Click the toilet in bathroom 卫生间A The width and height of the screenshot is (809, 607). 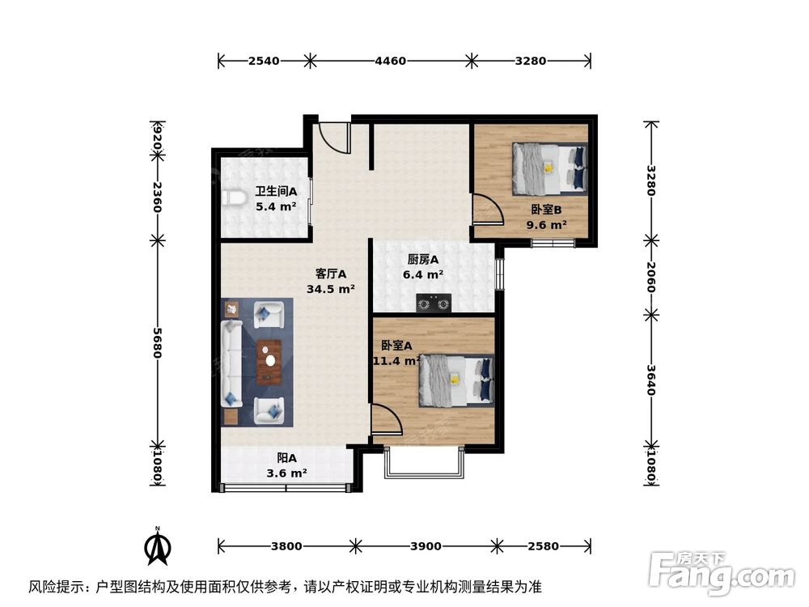click(235, 197)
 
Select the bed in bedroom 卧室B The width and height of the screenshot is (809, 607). click(549, 168)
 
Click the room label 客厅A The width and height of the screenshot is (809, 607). click(331, 274)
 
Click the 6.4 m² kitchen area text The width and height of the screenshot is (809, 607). click(423, 274)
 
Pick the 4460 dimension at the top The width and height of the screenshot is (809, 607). click(389, 61)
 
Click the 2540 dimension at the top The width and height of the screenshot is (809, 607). click(264, 61)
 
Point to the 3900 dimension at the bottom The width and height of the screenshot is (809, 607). click(426, 546)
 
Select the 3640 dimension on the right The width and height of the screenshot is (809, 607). click(651, 379)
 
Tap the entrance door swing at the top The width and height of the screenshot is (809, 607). click(333, 138)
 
